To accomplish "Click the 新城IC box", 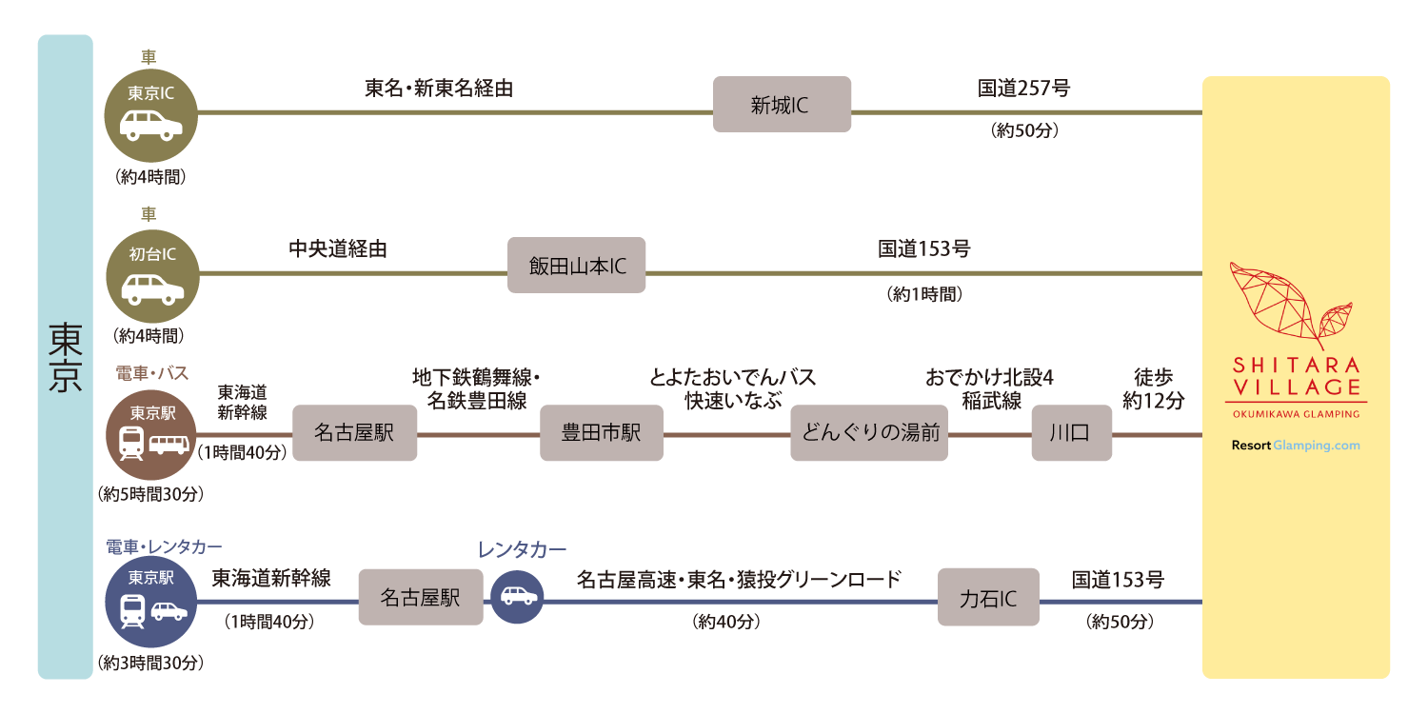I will pyautogui.click(x=782, y=105).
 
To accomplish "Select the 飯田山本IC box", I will pyautogui.click(x=577, y=266).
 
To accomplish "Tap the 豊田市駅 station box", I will pyautogui.click(x=602, y=433).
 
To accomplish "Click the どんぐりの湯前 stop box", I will pyautogui.click(x=869, y=433).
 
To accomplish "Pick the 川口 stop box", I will pyautogui.click(x=1071, y=433).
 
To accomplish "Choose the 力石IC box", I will pyautogui.click(x=987, y=598).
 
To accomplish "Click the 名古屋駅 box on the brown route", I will pyautogui.click(x=354, y=433).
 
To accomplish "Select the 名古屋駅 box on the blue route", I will pyautogui.click(x=421, y=597).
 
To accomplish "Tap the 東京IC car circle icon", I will pyautogui.click(x=151, y=113).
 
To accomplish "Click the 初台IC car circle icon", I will pyautogui.click(x=151, y=275).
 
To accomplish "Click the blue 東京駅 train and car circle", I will pyautogui.click(x=151, y=602).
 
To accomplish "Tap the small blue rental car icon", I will pyautogui.click(x=517, y=597).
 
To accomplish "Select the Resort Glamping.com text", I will pyautogui.click(x=1296, y=446).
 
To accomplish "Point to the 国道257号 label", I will pyautogui.click(x=1023, y=89).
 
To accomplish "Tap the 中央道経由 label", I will pyautogui.click(x=338, y=249).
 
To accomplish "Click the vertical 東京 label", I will pyautogui.click(x=65, y=357).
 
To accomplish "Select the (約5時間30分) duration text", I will pyautogui.click(x=151, y=495).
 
